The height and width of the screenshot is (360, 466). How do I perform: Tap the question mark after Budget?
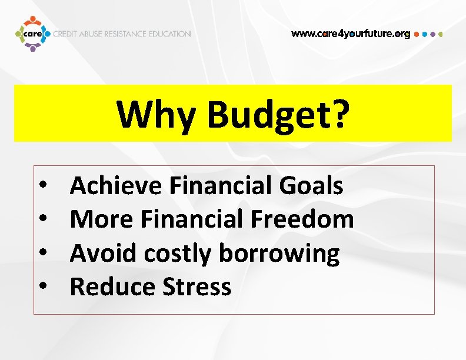[337, 113]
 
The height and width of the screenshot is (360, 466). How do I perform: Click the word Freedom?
[302, 220]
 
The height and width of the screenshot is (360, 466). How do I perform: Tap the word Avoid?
[103, 254]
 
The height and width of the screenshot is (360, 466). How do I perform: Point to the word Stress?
[197, 287]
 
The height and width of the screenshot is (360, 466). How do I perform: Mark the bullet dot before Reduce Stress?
[44, 288]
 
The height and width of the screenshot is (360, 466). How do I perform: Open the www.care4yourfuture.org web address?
[351, 34]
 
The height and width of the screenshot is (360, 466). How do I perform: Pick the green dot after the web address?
[440, 34]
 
